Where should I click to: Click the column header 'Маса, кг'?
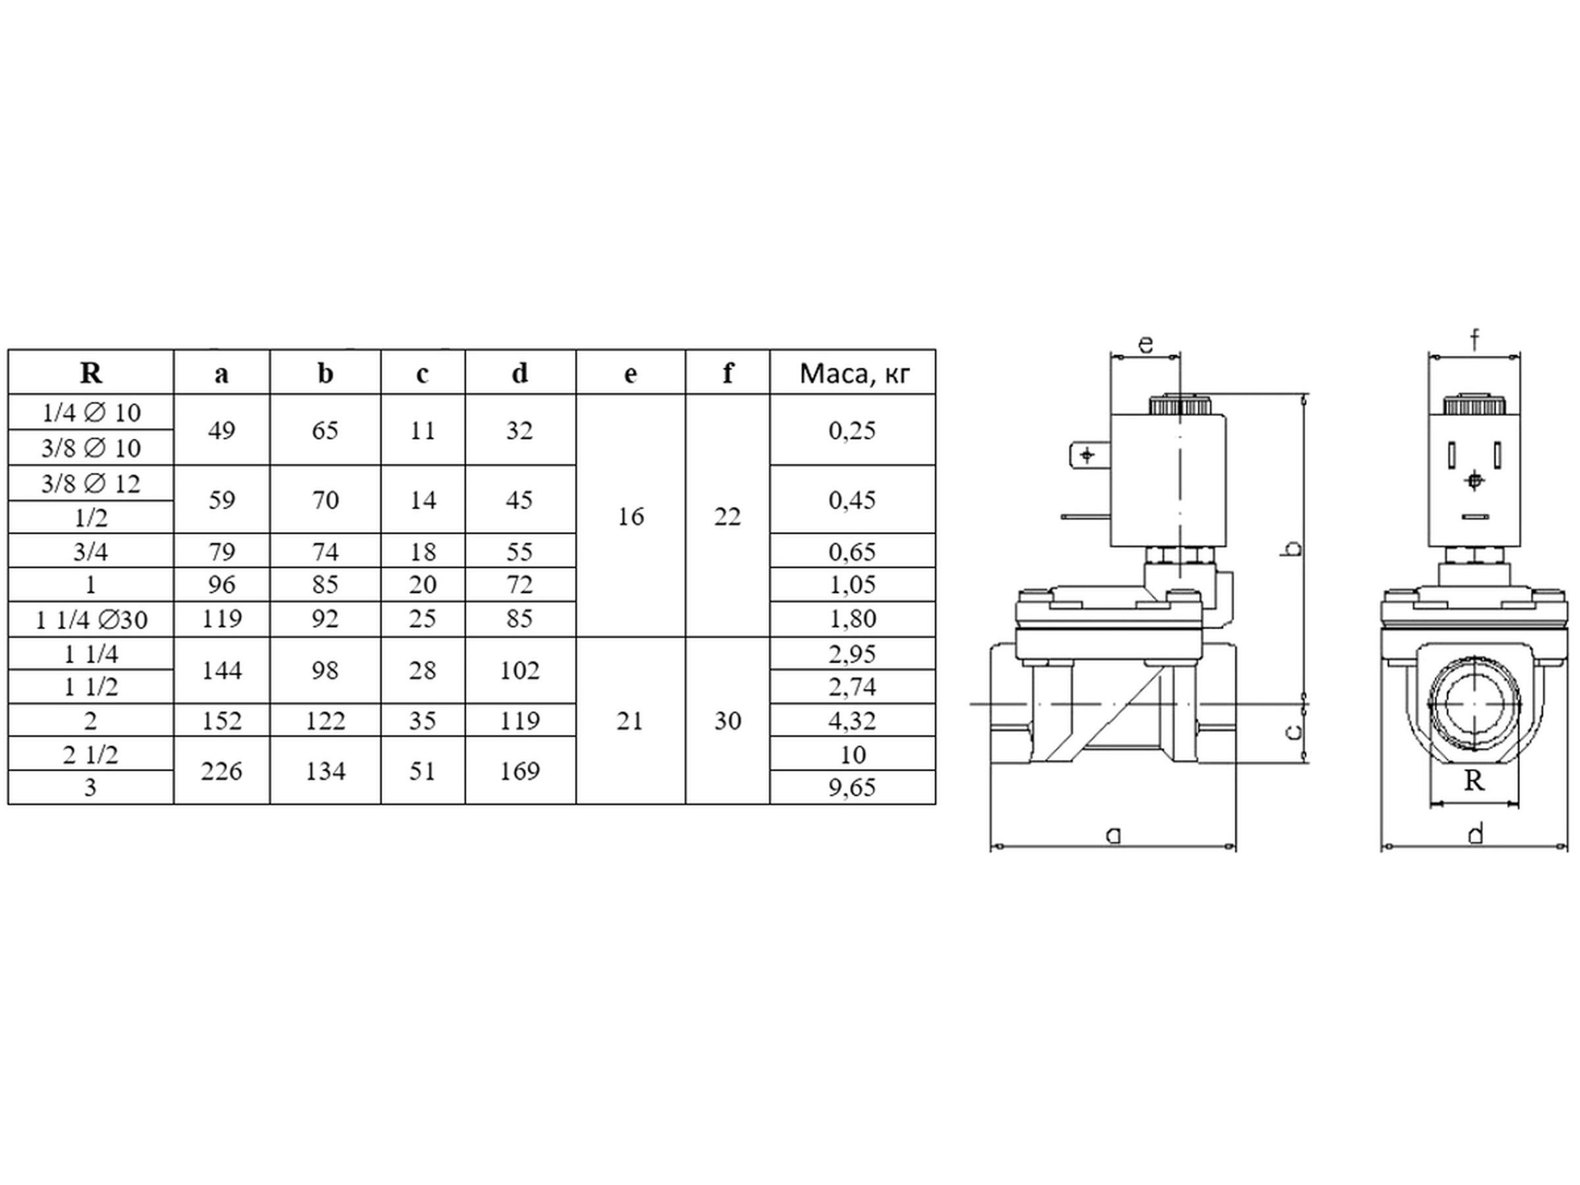[x=855, y=373]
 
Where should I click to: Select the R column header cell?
[x=91, y=372]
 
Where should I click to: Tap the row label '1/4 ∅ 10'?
[x=91, y=413]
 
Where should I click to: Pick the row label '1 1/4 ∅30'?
[x=92, y=619]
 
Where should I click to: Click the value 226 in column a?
[x=221, y=771]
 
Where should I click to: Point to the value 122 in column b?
[x=326, y=721]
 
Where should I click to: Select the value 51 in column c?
[x=422, y=771]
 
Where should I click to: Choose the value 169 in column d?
[x=519, y=771]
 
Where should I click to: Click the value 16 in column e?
[x=630, y=516]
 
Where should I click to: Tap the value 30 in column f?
[x=727, y=721]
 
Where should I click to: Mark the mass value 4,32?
[x=852, y=721]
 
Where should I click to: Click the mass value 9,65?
[x=852, y=787]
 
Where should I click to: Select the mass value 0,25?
[x=852, y=431]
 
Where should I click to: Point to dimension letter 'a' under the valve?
[x=1113, y=833]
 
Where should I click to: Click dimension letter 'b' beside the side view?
[x=1293, y=548]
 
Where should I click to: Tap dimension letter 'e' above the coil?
[x=1145, y=344]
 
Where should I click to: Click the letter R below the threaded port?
[x=1474, y=781]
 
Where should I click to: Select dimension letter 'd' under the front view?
[x=1476, y=833]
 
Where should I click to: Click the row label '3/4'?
[x=91, y=552]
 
